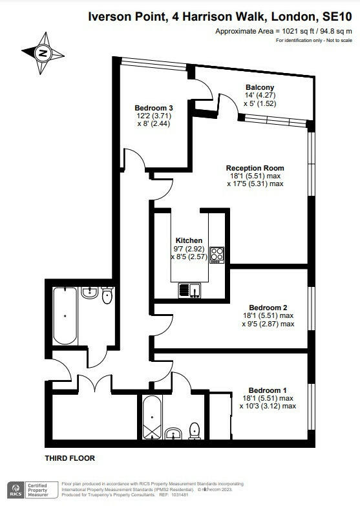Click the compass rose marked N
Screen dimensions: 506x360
click(43, 53)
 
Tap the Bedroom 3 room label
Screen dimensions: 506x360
click(154, 107)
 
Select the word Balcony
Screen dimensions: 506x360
click(260, 87)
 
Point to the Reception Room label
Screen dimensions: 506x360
click(255, 168)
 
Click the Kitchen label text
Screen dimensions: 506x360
click(189, 240)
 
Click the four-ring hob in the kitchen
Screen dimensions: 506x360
click(217, 255)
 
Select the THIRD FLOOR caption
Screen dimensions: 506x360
click(69, 458)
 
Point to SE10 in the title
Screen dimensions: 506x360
click(339, 19)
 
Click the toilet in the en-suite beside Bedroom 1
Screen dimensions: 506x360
click(194, 430)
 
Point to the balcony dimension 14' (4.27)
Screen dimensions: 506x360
click(260, 95)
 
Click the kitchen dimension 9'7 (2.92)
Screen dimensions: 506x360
click(189, 248)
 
